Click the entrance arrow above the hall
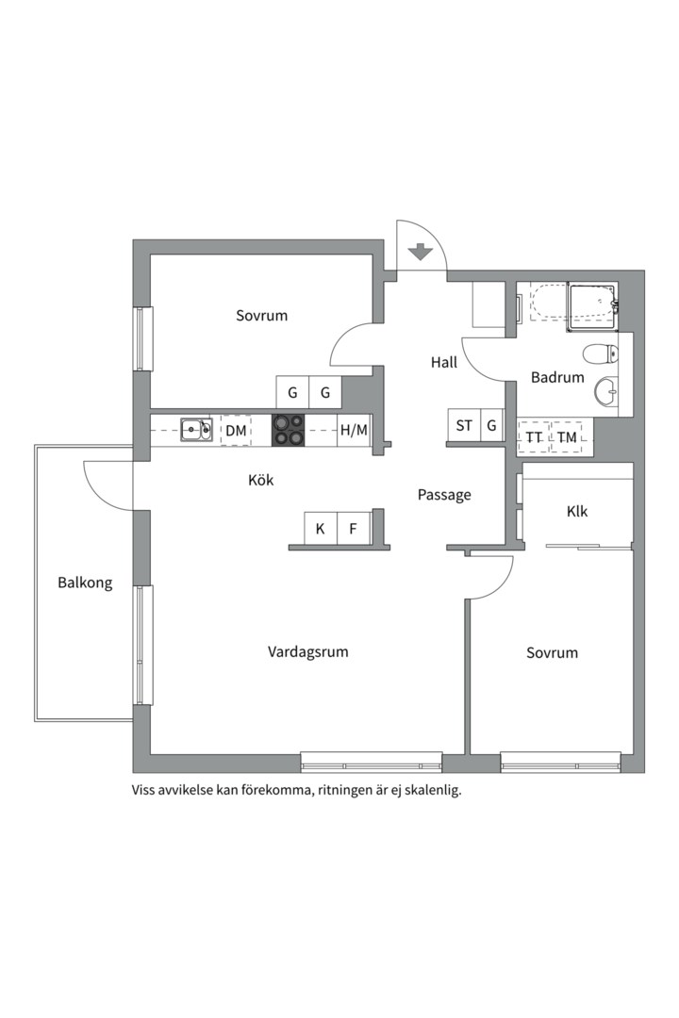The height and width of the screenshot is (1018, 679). click(421, 252)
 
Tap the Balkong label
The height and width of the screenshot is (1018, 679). click(84, 583)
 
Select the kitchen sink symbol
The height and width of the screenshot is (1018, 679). click(196, 431)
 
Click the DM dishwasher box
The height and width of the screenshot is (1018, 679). click(236, 431)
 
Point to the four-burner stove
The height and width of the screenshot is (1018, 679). click(289, 430)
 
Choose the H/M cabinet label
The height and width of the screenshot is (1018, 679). click(354, 431)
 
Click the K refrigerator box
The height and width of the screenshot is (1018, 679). click(321, 529)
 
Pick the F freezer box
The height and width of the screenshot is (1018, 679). click(354, 529)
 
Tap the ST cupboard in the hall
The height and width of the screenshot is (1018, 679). click(464, 425)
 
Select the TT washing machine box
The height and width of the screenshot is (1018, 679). click(535, 437)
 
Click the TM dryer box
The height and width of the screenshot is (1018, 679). click(566, 437)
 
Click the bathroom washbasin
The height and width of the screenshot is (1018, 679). click(607, 388)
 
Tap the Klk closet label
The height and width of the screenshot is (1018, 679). click(577, 511)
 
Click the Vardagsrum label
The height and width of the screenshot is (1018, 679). click(308, 651)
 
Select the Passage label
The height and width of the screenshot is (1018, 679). click(444, 495)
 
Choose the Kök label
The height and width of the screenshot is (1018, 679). click(260, 480)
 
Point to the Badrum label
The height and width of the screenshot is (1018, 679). click(557, 377)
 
